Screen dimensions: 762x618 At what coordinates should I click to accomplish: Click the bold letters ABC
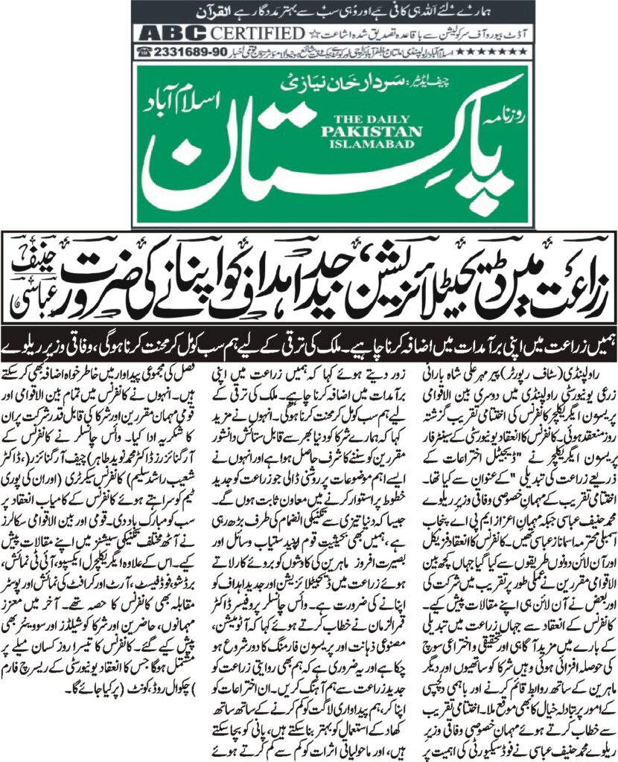point(165,34)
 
